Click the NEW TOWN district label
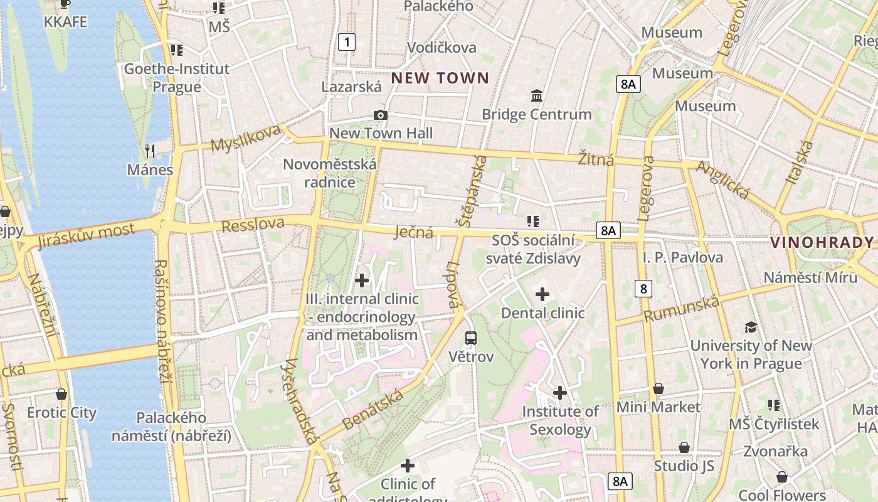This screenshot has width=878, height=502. coord(440,78)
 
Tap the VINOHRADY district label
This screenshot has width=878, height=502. coord(822,242)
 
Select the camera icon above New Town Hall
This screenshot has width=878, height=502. coord(380,115)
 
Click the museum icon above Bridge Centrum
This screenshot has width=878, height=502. coord(537,96)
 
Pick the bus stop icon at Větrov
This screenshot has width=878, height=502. coord(471,338)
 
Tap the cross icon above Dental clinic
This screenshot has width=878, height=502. coord(542,294)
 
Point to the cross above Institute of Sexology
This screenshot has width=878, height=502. coord(560,393)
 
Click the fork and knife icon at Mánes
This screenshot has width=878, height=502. coord(150,151)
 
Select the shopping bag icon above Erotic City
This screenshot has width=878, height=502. coord(61,394)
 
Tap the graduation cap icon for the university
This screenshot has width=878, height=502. coord(751,327)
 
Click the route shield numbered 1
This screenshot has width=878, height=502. coord(347,42)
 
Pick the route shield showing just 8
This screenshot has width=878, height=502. coord(643,289)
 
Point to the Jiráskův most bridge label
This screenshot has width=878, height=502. coord(86,235)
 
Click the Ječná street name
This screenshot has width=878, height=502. coord(414,233)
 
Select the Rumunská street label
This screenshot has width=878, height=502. coord(682,309)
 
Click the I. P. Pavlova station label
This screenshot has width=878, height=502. coord(682,257)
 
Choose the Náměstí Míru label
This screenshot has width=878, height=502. coord(810,278)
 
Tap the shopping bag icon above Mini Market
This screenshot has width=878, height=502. coord(658,388)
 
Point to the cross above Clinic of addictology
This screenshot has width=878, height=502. coord(408,466)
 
